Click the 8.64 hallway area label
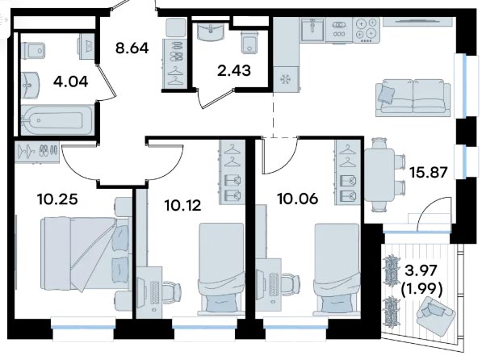coord(132,48)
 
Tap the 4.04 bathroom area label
coord(71,82)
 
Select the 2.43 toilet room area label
coord(234,70)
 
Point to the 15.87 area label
coord(429,173)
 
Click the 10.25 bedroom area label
coord(57,199)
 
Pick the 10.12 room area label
coord(183,205)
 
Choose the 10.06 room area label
coord(298,199)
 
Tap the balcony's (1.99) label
coord(421,289)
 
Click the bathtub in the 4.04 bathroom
coord(57,120)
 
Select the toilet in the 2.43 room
coord(249,42)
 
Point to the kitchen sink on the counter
coord(312,30)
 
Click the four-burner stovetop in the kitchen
coord(367,30)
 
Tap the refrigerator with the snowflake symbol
coord(286,80)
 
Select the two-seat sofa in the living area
coord(413,98)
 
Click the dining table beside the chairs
coord(379,174)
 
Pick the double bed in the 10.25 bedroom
coord(84,253)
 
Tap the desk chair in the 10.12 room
coord(172,291)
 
